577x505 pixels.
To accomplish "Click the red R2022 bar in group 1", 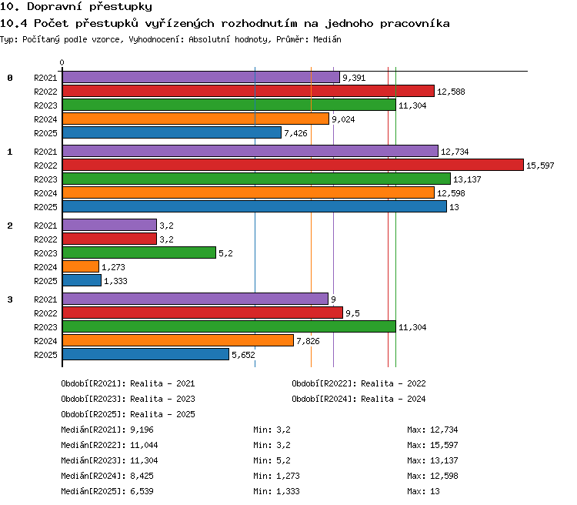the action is click(x=293, y=165).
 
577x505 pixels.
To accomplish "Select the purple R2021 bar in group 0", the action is click(x=201, y=77).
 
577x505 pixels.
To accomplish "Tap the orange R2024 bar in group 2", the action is click(x=81, y=266).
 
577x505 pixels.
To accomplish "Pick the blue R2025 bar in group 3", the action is click(x=145, y=354).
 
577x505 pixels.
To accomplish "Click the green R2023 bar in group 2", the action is click(x=139, y=252).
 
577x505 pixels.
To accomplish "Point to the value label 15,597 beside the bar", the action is click(x=540, y=166).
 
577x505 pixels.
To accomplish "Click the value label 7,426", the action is click(x=295, y=133).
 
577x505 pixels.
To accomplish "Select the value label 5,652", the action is click(x=243, y=355).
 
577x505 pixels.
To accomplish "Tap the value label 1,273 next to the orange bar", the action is click(x=113, y=267).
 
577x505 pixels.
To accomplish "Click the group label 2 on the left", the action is click(x=10, y=226).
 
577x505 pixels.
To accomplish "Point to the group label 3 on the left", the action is click(x=10, y=299).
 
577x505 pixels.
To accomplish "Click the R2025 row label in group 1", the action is click(x=45, y=207).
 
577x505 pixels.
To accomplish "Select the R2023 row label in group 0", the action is click(x=45, y=105).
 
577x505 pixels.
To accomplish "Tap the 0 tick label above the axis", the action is click(x=62, y=62).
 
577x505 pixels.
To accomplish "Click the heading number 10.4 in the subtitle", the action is click(x=14, y=24).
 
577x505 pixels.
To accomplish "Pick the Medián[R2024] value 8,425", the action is click(x=142, y=476).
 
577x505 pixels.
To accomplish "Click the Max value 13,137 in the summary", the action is click(x=444, y=460).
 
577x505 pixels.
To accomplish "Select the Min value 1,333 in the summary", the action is click(x=288, y=491).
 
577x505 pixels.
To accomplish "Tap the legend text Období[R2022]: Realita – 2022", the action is click(x=359, y=384).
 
